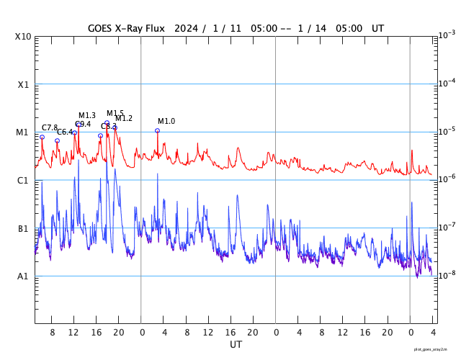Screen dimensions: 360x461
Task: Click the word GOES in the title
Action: pos(103,28)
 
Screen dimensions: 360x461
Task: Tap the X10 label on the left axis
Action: pos(23,37)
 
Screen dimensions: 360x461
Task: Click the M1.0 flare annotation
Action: pos(166,121)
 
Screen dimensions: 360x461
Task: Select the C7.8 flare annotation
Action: pos(50,127)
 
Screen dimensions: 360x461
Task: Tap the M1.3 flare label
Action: pos(87,115)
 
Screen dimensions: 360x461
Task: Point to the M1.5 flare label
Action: pos(115,113)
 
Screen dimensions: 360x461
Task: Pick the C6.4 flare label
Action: pos(65,132)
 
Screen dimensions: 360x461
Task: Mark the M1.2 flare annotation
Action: pos(124,118)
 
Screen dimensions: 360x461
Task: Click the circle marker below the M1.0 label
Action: pos(157,130)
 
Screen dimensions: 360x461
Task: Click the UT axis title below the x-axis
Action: pos(236,345)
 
